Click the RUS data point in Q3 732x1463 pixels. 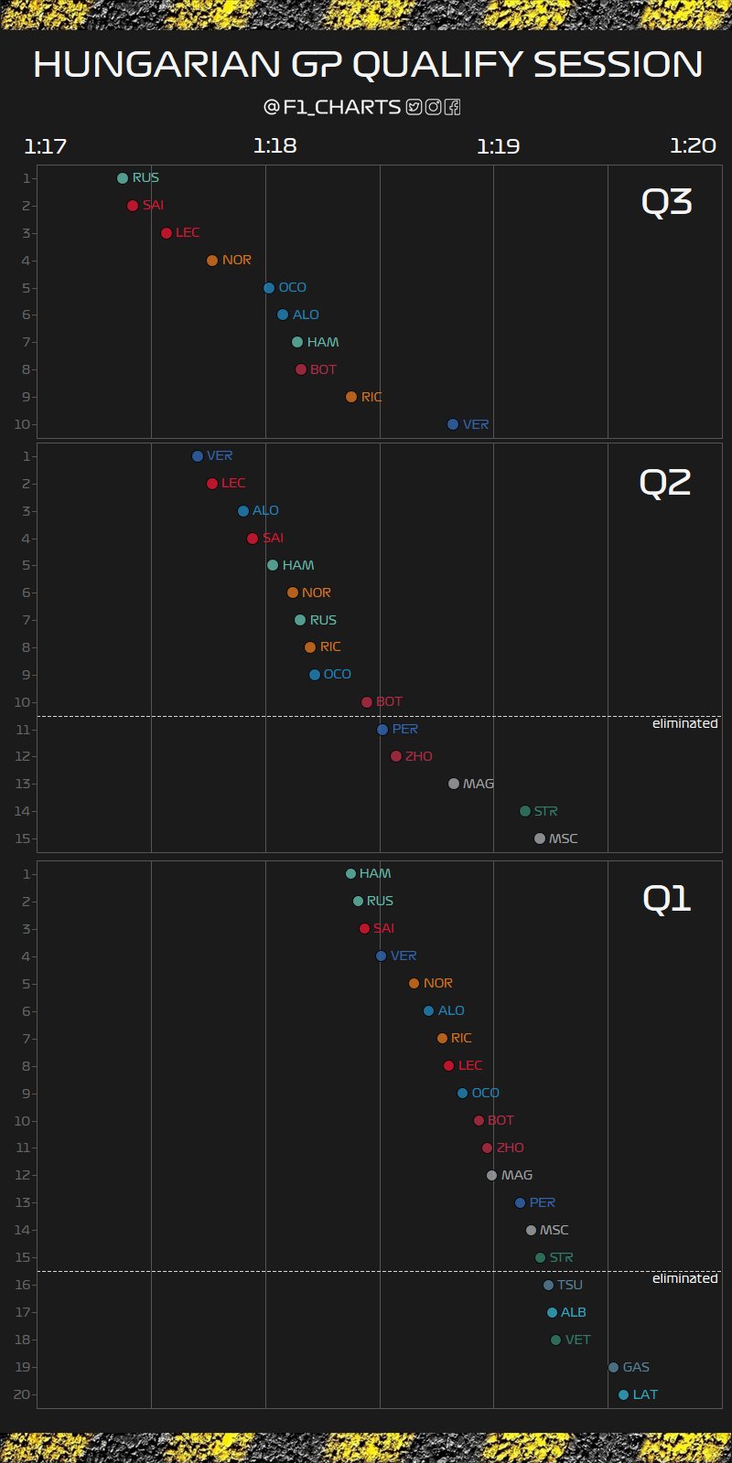(123, 178)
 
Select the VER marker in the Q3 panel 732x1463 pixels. (453, 424)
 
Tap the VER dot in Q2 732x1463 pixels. (198, 456)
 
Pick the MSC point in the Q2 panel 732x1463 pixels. (540, 838)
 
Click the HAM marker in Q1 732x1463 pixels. (350, 874)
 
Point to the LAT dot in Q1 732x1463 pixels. (624, 1395)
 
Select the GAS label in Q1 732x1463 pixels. (636, 1368)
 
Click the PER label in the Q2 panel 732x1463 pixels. (404, 730)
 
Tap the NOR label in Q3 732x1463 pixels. (236, 261)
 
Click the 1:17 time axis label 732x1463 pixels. (46, 146)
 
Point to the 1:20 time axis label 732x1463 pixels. (693, 146)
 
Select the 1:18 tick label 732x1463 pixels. (275, 146)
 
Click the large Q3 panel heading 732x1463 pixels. (666, 203)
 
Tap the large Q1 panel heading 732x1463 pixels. (666, 900)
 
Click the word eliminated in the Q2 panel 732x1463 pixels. (684, 723)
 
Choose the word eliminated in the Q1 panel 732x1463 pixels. (684, 1278)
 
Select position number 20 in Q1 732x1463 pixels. (23, 1395)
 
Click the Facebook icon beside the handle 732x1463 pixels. (452, 107)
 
